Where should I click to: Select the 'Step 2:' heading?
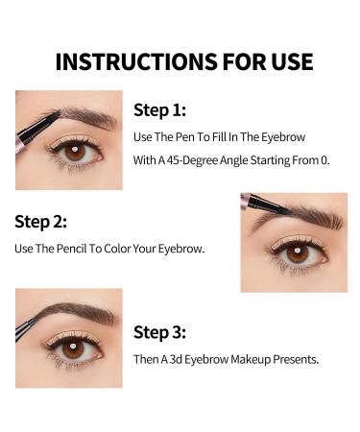[40, 222]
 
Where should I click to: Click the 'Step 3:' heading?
[160, 333]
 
